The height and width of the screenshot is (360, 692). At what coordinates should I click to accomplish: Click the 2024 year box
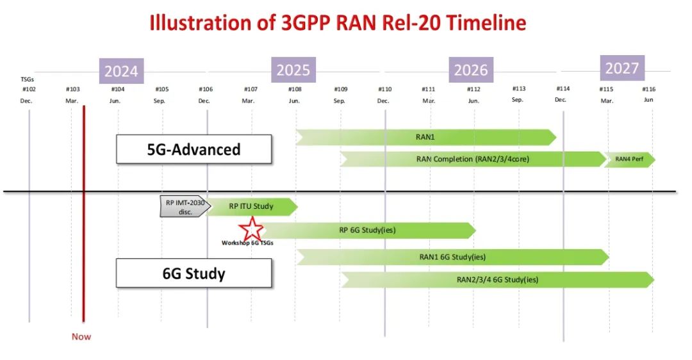tap(121, 71)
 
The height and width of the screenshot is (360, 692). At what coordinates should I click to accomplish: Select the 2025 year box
tap(293, 70)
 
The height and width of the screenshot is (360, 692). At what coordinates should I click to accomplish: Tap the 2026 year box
tap(471, 70)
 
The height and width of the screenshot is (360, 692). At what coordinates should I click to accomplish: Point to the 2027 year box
tap(622, 68)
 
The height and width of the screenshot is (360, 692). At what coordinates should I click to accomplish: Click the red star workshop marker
tap(252, 229)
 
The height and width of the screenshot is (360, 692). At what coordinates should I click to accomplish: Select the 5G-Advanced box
tap(194, 149)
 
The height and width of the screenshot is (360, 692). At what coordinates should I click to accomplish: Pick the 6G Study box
tap(194, 273)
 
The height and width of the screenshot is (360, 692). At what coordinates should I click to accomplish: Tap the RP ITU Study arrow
tap(252, 206)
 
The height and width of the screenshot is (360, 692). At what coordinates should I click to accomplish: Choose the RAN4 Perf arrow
tap(629, 160)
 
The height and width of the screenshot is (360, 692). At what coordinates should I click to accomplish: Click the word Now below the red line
tap(81, 336)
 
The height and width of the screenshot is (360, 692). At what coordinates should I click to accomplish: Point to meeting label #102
tap(29, 89)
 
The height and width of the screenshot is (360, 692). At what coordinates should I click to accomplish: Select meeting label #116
tap(648, 89)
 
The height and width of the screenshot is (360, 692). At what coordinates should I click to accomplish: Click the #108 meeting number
tap(295, 89)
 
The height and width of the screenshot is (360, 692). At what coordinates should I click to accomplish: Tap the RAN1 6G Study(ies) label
tap(452, 257)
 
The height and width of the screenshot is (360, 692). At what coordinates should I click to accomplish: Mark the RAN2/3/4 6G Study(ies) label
tap(497, 280)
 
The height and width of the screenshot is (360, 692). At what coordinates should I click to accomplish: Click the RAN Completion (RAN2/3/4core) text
tap(473, 159)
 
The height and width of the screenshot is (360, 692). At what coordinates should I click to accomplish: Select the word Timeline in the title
tap(486, 22)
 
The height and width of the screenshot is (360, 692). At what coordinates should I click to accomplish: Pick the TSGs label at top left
tap(28, 79)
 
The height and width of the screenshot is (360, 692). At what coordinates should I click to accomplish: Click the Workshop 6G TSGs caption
tap(247, 243)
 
